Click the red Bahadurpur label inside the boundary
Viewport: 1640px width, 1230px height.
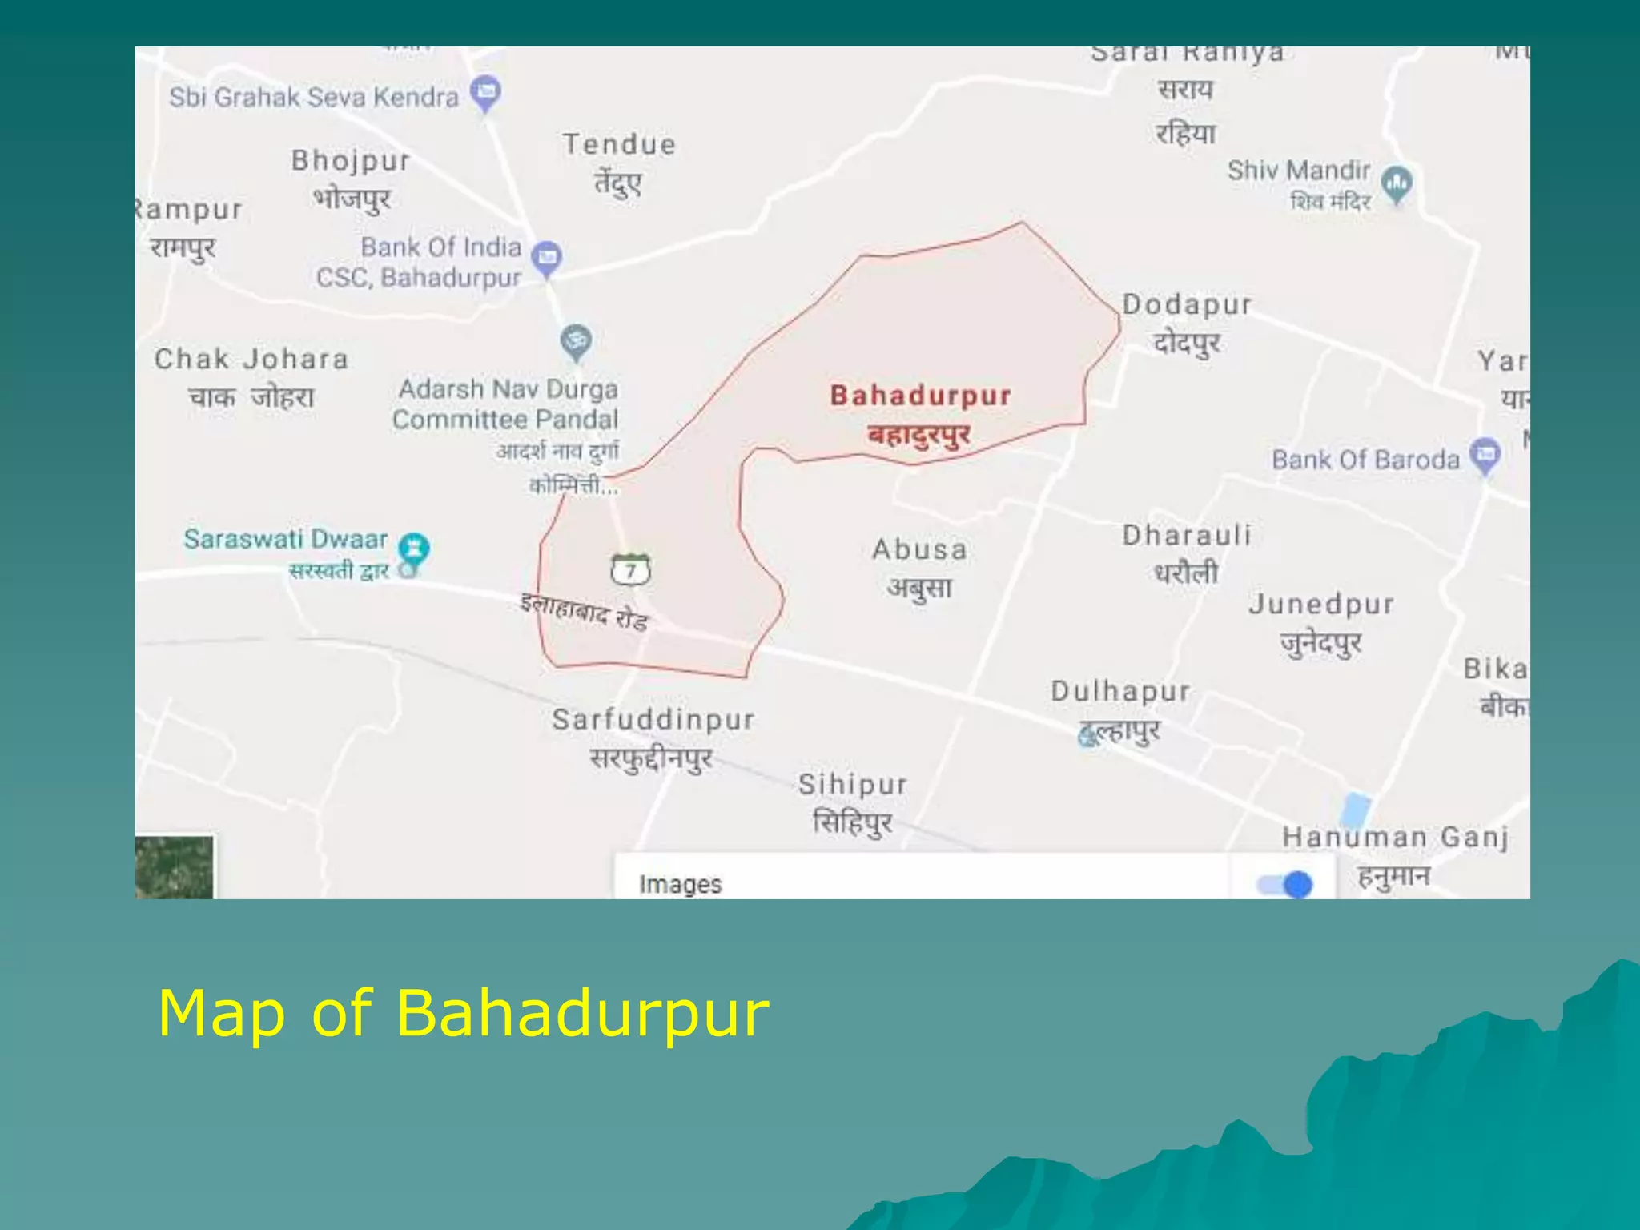920,396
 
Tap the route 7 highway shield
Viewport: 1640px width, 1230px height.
631,569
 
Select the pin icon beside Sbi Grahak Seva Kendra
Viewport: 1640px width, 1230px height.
485,93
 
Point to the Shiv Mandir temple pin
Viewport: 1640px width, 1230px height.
1397,184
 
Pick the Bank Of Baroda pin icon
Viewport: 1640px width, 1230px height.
1485,456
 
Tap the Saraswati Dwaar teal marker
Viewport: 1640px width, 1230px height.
414,549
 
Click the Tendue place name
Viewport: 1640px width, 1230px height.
619,145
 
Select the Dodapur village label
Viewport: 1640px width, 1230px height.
1187,305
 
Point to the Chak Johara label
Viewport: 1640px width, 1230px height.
251,359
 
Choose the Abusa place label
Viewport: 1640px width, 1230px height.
919,550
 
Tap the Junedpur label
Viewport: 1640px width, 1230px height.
1321,605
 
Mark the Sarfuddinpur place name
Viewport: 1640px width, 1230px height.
653,720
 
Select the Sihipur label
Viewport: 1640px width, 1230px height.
853,785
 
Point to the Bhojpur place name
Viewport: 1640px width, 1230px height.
351,161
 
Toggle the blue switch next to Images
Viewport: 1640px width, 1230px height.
1284,884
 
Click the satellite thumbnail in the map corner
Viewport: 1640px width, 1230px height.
174,868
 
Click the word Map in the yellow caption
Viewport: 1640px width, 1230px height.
222,1013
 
